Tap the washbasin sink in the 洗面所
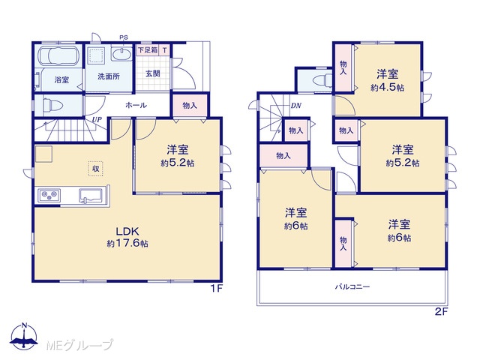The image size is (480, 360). (x=121, y=55)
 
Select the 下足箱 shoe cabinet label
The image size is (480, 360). (x=148, y=50)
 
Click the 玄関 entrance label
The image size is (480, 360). (x=153, y=73)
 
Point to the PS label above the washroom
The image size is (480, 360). (x=124, y=37)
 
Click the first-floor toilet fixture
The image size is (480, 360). (x=52, y=106)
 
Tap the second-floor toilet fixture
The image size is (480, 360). (x=322, y=81)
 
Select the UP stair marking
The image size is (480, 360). (x=97, y=120)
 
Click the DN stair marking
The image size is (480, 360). (x=296, y=106)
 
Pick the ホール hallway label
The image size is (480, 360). (x=136, y=105)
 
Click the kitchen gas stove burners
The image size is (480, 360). (x=49, y=195)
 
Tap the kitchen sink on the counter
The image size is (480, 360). (x=91, y=196)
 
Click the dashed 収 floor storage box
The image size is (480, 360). (x=96, y=168)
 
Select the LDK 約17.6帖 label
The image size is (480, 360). (x=127, y=237)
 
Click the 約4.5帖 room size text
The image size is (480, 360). (x=387, y=88)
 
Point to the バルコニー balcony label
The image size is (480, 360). (x=352, y=286)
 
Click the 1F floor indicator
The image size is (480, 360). (x=216, y=288)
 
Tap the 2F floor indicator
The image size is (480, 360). (x=441, y=311)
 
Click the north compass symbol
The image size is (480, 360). (x=24, y=336)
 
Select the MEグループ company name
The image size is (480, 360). (x=79, y=345)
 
